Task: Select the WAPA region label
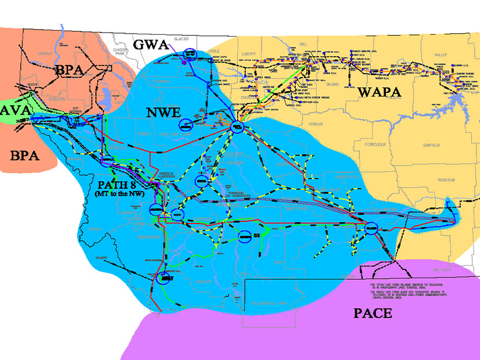379,92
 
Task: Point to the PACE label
372,314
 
